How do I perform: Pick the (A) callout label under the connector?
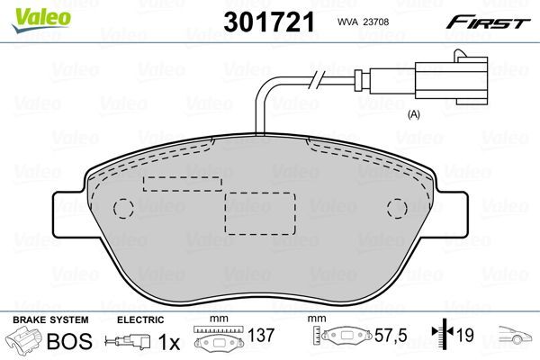(415, 114)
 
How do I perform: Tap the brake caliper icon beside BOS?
(24, 343)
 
